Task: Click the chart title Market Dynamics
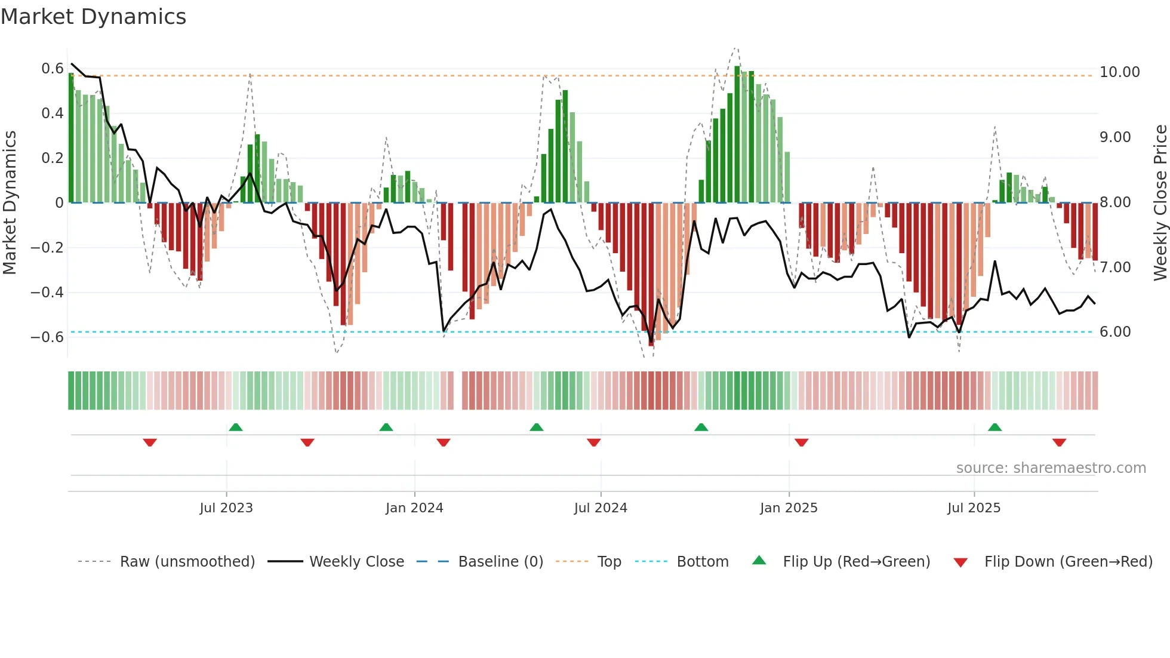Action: [x=94, y=17]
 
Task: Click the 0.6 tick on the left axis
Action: [x=52, y=69]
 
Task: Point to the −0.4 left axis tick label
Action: [x=47, y=293]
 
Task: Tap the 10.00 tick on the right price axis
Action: [x=1119, y=72]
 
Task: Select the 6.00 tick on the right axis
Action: [x=1115, y=332]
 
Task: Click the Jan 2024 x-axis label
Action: [x=414, y=508]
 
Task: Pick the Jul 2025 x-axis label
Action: [x=974, y=508]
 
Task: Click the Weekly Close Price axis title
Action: [x=1160, y=202]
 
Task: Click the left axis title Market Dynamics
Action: [x=10, y=202]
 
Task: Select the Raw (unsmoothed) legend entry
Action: [x=187, y=562]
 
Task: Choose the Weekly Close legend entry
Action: [x=356, y=562]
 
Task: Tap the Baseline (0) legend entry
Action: [x=500, y=562]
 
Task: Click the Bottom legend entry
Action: [x=702, y=562]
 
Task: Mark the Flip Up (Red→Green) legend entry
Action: [x=856, y=562]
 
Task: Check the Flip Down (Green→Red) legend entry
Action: [x=1068, y=562]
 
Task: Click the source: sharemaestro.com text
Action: [x=1051, y=468]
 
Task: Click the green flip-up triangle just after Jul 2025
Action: [x=995, y=428]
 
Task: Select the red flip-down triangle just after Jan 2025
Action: [x=801, y=442]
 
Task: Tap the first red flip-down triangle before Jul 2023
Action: [x=150, y=442]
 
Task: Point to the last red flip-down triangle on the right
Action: [x=1059, y=442]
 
